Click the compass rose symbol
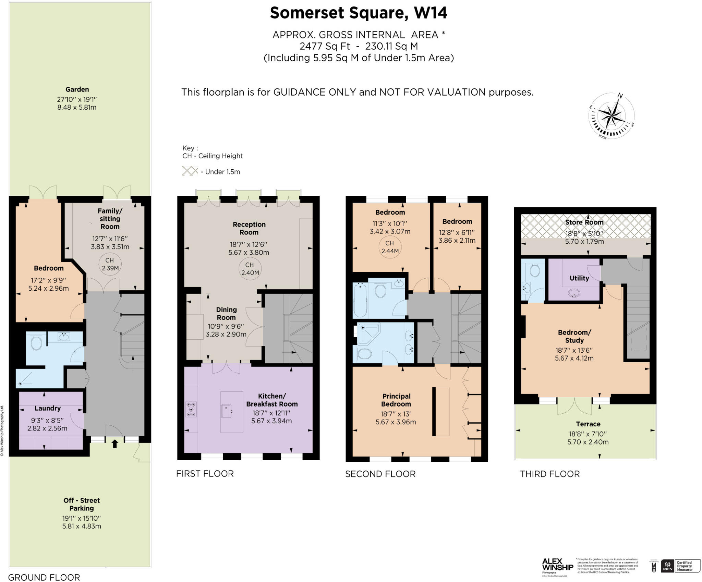[x=611, y=116]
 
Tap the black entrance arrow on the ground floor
[x=115, y=444]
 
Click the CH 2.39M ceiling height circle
[x=110, y=264]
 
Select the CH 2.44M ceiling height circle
[x=390, y=247]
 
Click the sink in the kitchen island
[x=227, y=411]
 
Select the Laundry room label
[x=47, y=408]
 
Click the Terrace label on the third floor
[x=588, y=424]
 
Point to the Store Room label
[x=584, y=222]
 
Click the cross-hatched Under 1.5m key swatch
[x=190, y=171]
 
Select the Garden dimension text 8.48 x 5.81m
[x=77, y=107]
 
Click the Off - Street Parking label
[x=82, y=504]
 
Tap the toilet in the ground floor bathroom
[x=36, y=343]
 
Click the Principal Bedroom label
[x=396, y=400]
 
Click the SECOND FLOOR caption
[x=380, y=474]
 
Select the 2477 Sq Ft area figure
[x=325, y=46]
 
